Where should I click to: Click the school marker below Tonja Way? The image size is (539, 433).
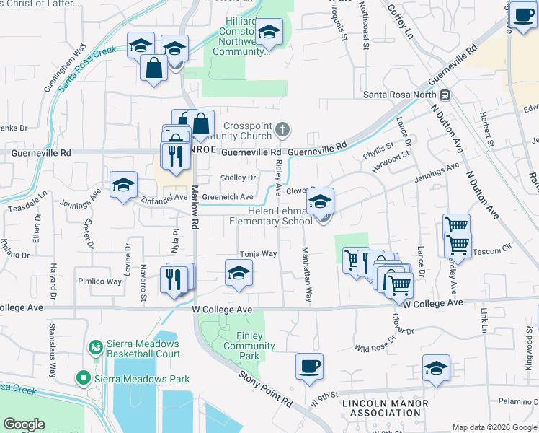click(x=239, y=274)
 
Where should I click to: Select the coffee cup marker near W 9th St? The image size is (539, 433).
click(x=309, y=367)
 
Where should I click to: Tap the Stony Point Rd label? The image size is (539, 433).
click(x=266, y=388)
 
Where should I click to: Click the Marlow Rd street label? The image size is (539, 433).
click(x=194, y=207)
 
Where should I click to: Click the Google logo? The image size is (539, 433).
click(x=24, y=424)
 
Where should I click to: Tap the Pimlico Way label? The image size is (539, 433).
click(x=100, y=281)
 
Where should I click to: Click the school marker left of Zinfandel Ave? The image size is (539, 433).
click(x=123, y=185)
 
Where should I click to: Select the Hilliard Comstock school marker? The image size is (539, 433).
click(x=269, y=32)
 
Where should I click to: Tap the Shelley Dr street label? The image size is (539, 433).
click(x=239, y=178)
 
